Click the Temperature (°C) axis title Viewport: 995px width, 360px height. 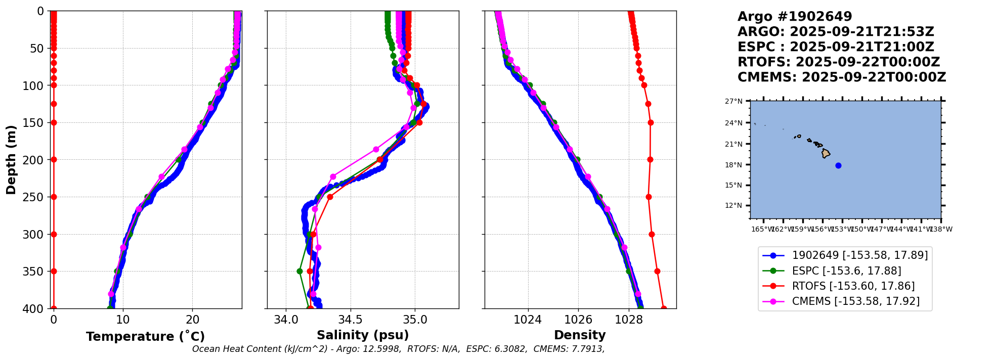[x=145, y=337]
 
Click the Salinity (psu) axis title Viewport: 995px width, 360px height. [x=363, y=335]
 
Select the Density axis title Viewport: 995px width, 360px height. [x=580, y=335]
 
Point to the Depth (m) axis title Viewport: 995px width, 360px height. [x=11, y=159]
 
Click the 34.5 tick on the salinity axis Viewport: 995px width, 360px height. [x=350, y=320]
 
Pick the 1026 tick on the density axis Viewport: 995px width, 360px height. [x=578, y=320]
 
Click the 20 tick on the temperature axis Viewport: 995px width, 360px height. [x=192, y=320]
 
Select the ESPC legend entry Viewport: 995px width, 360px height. [x=846, y=271]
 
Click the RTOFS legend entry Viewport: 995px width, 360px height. [x=853, y=286]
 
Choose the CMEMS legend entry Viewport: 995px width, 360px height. [x=855, y=301]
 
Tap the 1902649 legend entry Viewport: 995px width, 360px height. [x=859, y=255]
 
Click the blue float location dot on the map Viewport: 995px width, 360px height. [x=838, y=165]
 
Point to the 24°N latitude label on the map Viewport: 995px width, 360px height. [x=734, y=123]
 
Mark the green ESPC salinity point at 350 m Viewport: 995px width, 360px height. [x=299, y=272]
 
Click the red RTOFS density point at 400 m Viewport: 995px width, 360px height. [x=664, y=308]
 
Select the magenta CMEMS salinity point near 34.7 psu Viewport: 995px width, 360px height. [x=376, y=150]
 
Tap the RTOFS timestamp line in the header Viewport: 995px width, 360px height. [x=838, y=62]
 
